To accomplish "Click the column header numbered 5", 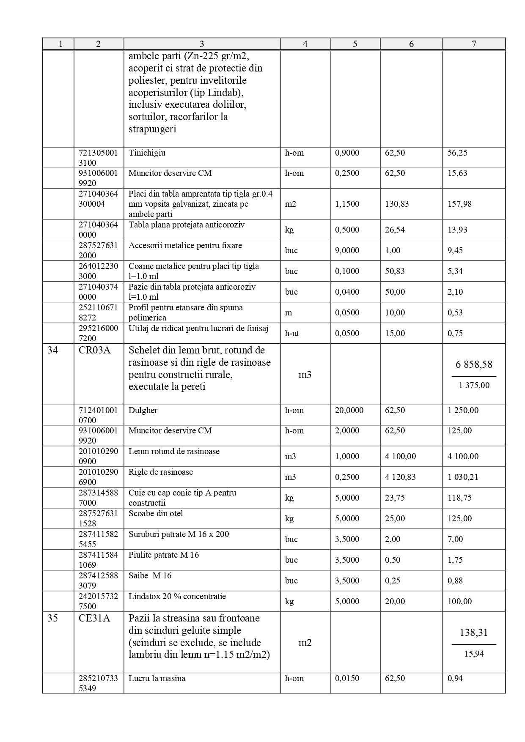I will tap(355, 44).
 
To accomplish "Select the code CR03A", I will tap(94, 350).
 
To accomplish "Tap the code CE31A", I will tap(94, 618).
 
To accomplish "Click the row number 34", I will tap(53, 350).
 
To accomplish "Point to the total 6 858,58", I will tap(474, 364).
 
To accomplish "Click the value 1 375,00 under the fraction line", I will tap(474, 385).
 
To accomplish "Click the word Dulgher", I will tap(143, 410).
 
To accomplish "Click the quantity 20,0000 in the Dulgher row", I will tap(349, 410).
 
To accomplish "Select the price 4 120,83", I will tap(400, 477).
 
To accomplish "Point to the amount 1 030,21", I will tap(463, 477).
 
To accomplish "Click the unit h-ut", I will tap(292, 333).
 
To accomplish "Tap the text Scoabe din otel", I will tap(156, 513).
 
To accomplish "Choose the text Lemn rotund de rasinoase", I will tap(174, 451).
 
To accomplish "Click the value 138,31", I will tap(474, 632).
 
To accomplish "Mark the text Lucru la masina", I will tap(157, 678).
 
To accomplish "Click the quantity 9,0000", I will tap(347, 250).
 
